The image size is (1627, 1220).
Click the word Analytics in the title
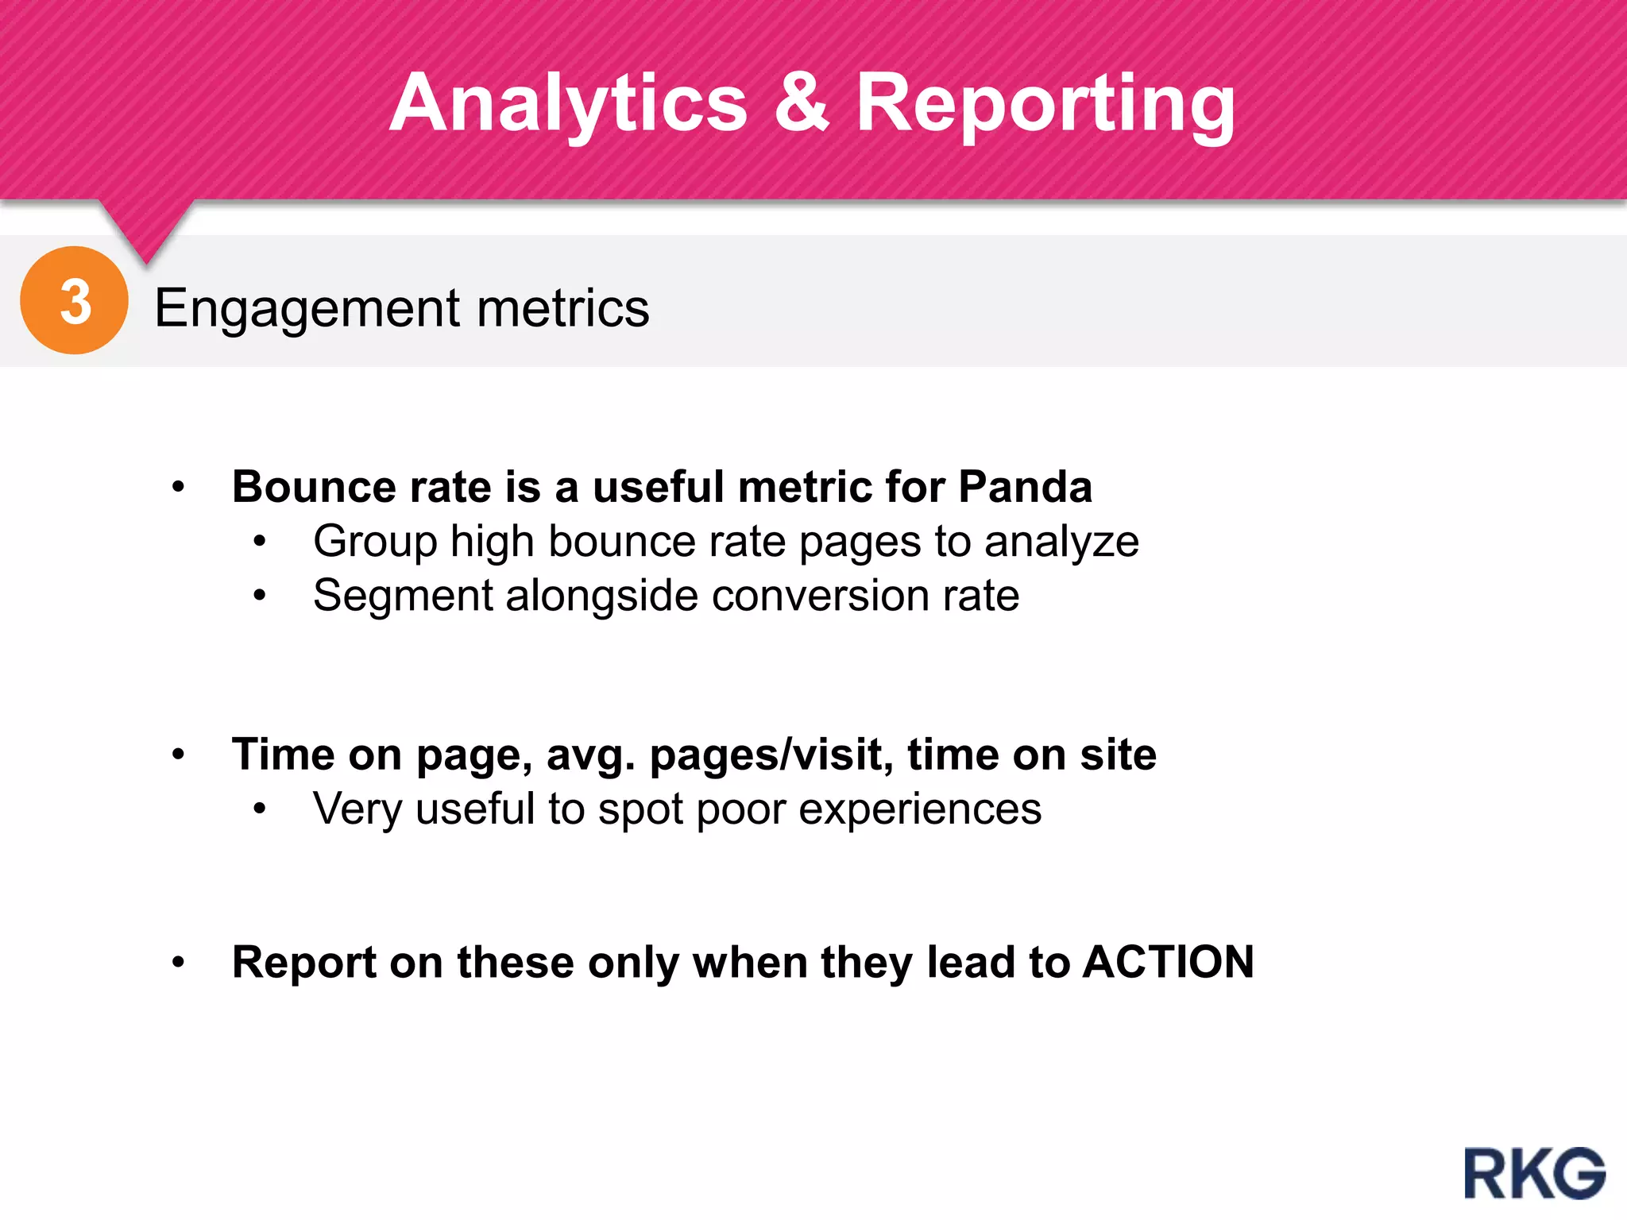click(x=568, y=103)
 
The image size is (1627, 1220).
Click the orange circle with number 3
click(x=74, y=300)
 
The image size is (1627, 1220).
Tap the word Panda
click(x=1025, y=486)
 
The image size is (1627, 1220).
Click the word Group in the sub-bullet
click(x=375, y=542)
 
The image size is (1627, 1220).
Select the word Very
click(x=357, y=809)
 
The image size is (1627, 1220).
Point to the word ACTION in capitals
click(x=1168, y=962)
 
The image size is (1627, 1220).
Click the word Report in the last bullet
click(x=304, y=963)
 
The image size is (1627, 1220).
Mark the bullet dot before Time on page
click(x=179, y=755)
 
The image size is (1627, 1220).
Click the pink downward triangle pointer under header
click(x=146, y=230)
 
